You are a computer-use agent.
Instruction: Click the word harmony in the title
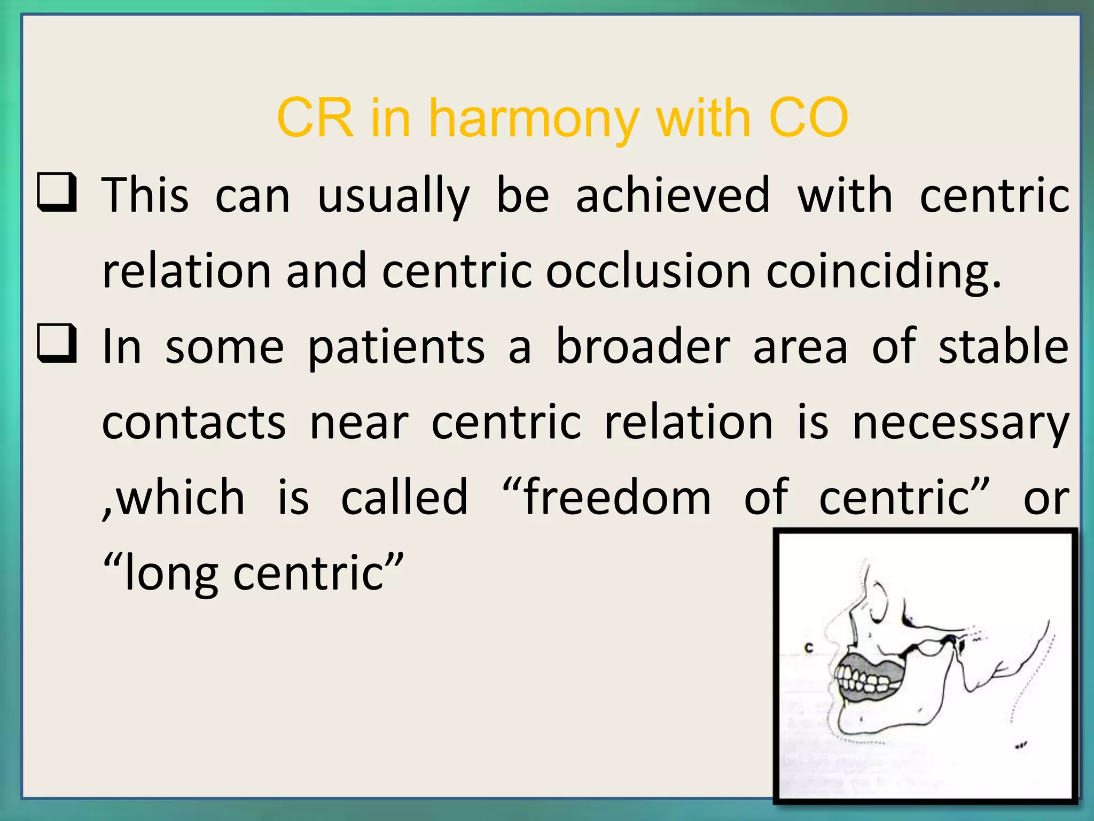pyautogui.click(x=534, y=119)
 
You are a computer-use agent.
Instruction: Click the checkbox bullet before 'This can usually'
pyautogui.click(x=57, y=192)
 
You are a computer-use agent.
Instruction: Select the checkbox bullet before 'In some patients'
pyautogui.click(x=57, y=343)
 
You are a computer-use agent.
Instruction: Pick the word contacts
pyautogui.click(x=194, y=422)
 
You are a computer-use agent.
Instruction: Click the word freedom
pyautogui.click(x=617, y=498)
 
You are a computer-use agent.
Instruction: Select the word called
pyautogui.click(x=404, y=498)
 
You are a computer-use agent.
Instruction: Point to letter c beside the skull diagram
pyautogui.click(x=809, y=648)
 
